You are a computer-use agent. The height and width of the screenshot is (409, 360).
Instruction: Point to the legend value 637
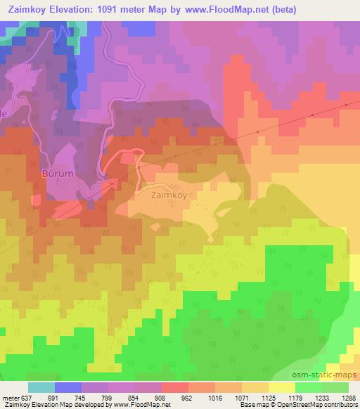pos(25,398)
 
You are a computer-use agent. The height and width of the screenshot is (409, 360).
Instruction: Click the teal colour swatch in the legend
pos(41,387)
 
